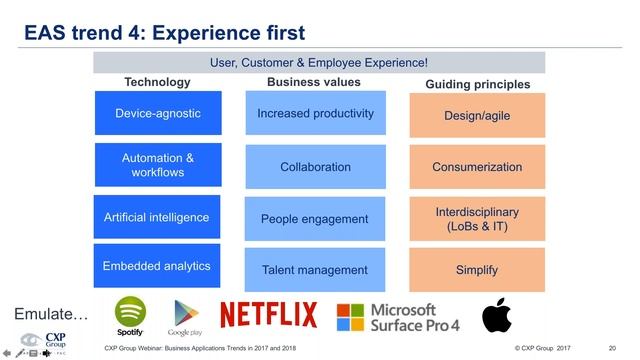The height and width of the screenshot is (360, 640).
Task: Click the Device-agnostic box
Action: (158, 113)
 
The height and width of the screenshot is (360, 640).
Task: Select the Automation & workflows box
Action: (158, 166)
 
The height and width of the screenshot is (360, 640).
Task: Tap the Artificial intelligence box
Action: (158, 217)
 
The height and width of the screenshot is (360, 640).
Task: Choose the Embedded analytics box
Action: (158, 267)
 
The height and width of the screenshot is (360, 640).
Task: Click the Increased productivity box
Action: (315, 113)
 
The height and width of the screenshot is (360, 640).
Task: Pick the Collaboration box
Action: (315, 167)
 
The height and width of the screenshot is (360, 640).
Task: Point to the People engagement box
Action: (315, 219)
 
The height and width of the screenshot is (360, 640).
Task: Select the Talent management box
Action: (315, 270)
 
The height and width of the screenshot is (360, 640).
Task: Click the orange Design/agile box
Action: (477, 116)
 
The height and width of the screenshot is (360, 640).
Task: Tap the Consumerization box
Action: (477, 167)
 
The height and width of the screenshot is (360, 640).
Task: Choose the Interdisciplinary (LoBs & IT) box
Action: (477, 219)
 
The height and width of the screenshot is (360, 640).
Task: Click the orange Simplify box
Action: (477, 270)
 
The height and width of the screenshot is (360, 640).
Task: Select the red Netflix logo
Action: (268, 315)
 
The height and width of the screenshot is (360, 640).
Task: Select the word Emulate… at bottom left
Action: (51, 315)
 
